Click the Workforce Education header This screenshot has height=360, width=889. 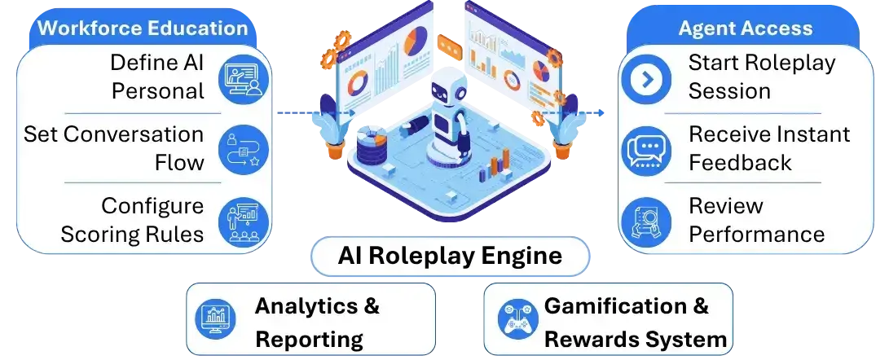coord(143,29)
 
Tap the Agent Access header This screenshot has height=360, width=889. coord(746,29)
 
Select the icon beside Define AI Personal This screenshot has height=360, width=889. coord(243,79)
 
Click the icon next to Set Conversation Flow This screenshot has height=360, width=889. coord(243,150)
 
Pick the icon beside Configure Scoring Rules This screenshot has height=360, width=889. coord(243,221)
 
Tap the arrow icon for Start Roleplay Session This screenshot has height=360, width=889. coord(646,79)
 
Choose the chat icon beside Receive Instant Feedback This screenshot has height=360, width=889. coord(646,150)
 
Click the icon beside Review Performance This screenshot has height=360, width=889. coord(646,221)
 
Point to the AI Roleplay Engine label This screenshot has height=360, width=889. coord(450,256)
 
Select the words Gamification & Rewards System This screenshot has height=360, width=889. coord(636,322)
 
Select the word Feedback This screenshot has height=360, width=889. coord(741,163)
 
